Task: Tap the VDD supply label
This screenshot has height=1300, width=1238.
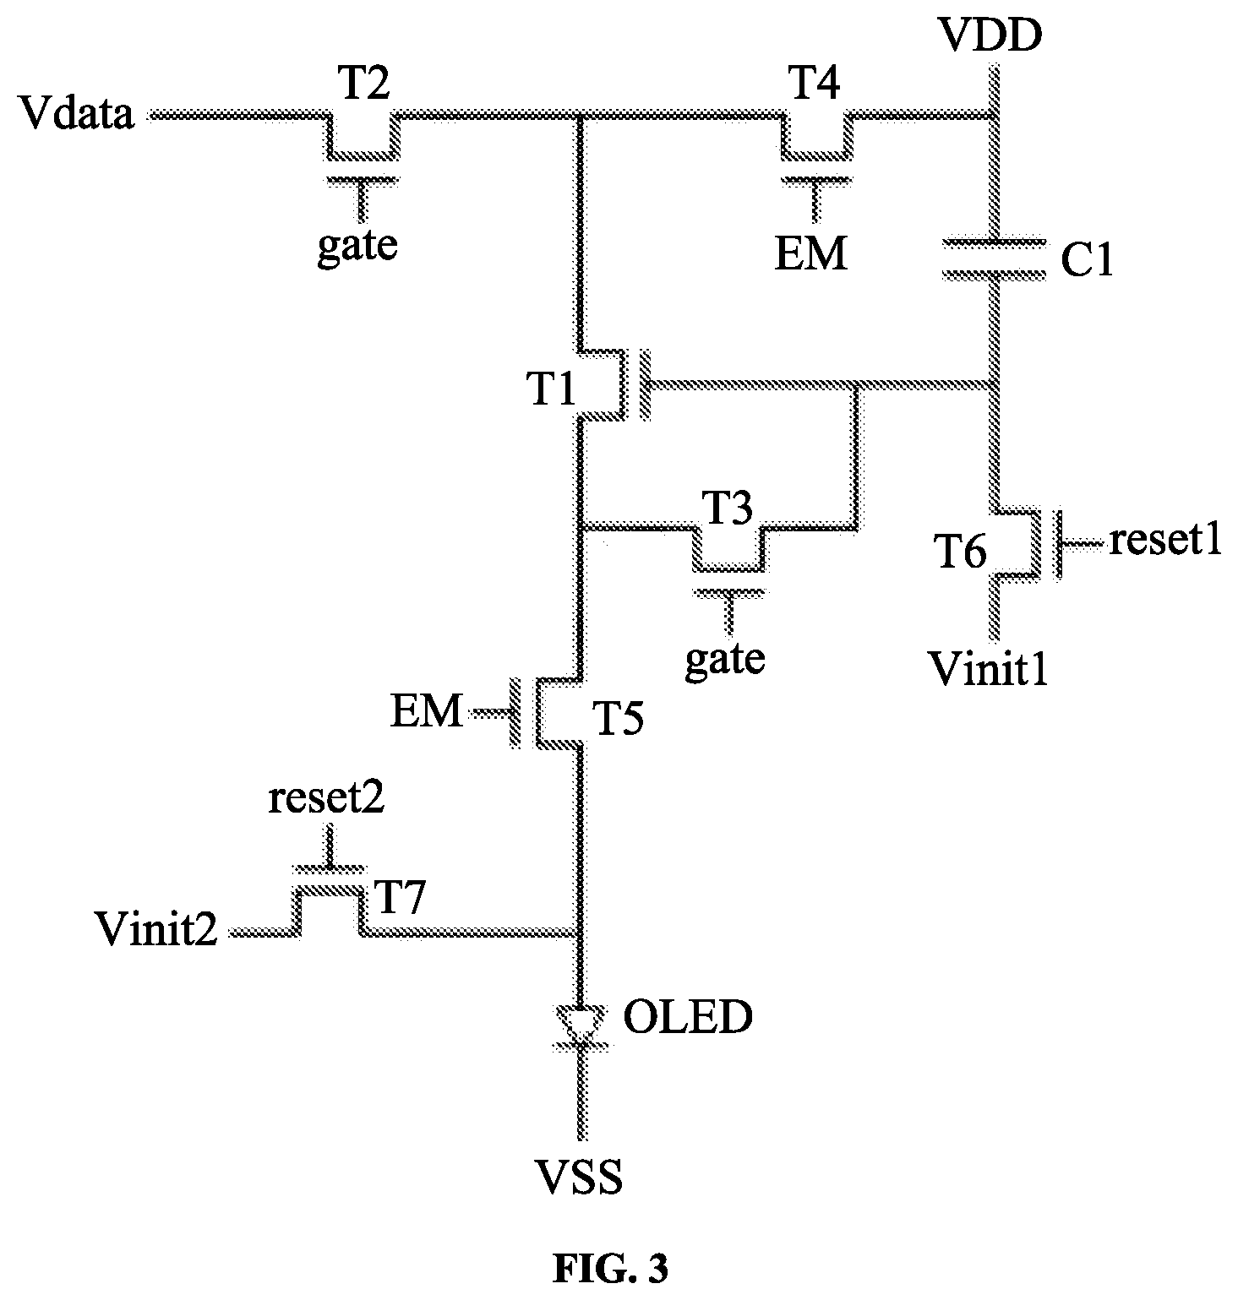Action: coord(992,36)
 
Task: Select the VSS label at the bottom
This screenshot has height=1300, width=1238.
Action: coord(582,1175)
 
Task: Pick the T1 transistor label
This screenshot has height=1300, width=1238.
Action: coord(553,389)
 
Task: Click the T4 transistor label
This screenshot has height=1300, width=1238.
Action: coord(814,84)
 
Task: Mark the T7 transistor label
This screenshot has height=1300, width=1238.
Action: coord(398,900)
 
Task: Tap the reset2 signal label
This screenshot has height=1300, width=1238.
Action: coord(326,799)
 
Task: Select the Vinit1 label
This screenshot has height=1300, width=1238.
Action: coord(988,669)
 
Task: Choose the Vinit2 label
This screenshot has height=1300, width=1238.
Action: coord(156,930)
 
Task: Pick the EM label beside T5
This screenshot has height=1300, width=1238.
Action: coord(428,713)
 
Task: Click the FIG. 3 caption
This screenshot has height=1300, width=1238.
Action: coord(610,1269)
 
